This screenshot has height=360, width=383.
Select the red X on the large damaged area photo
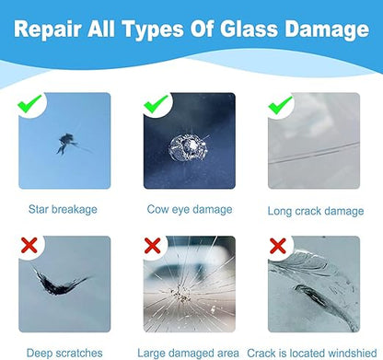coord(152,246)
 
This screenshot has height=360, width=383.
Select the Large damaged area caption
coord(189,351)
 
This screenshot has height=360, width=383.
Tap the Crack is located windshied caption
coord(313,351)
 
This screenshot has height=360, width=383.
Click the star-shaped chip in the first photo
coord(64,143)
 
